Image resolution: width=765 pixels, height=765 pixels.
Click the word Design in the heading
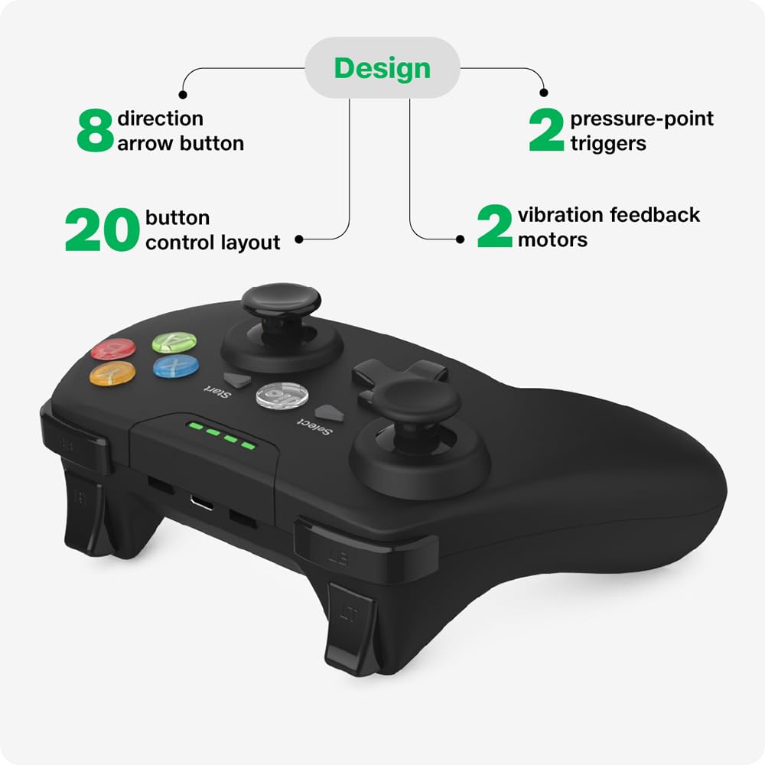coord(382,68)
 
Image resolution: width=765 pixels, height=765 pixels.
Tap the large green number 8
coord(95,130)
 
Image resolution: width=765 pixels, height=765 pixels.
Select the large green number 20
coord(102,229)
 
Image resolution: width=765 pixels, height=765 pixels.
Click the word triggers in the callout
coord(608,144)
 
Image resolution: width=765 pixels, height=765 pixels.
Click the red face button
coord(114,348)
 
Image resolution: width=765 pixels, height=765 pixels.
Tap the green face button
coord(174,342)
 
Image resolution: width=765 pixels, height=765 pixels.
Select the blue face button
coord(176,366)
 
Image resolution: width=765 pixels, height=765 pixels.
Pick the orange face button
coord(112,373)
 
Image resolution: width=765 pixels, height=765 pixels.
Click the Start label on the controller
coord(216,391)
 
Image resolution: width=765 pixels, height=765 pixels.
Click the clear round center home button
coord(282,396)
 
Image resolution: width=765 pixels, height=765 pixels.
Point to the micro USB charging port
coord(202,502)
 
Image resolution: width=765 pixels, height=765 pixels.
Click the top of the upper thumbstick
coord(281,298)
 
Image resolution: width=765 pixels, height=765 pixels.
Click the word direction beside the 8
coord(161,119)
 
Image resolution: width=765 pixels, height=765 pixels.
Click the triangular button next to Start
coord(238,380)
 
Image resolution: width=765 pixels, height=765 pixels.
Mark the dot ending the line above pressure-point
coord(544,93)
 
